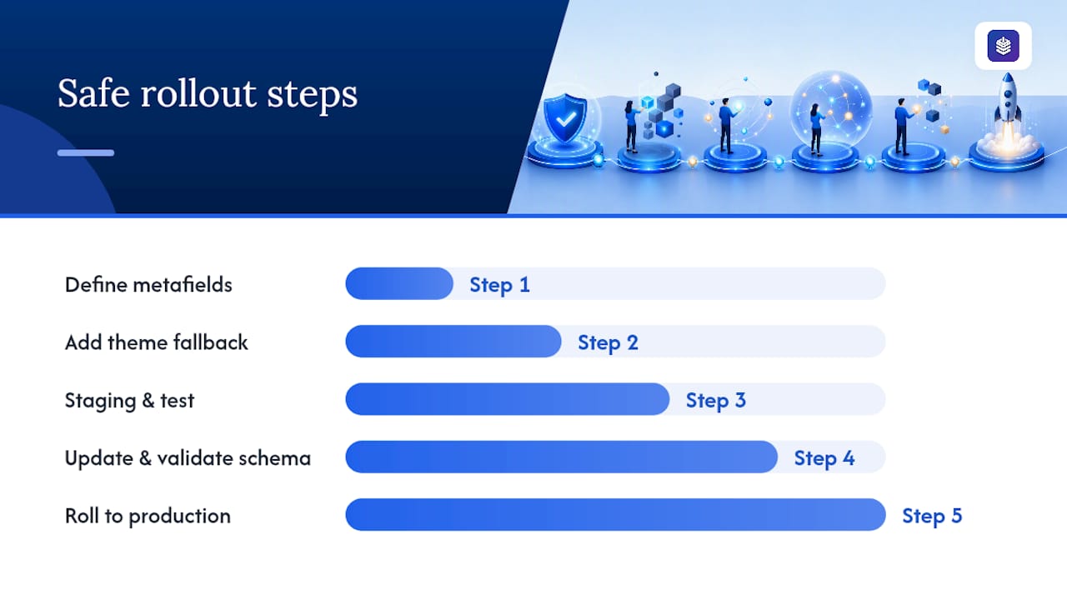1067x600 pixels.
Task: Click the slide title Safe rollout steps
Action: pos(208,94)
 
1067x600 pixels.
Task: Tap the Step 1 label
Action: pos(499,285)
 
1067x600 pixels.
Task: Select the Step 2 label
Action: pos(608,342)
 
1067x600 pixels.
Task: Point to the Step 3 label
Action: pos(716,401)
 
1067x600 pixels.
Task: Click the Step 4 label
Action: pos(824,458)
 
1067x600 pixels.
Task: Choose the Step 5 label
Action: pos(932,516)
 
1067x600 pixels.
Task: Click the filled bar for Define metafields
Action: pos(399,284)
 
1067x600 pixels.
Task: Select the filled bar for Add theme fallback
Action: pos(453,342)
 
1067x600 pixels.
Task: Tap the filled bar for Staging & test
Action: pos(508,399)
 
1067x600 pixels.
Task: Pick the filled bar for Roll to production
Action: pos(615,515)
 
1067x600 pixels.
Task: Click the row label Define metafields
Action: pos(148,285)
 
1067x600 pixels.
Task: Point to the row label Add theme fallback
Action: pos(156,342)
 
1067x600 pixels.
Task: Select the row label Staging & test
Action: pos(129,401)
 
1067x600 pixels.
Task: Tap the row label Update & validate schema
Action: pos(188,458)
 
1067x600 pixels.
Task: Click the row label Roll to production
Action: pos(148,516)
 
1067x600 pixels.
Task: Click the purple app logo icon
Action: pos(1003,46)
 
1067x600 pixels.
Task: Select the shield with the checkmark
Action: pos(565,117)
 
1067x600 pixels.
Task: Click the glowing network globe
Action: pos(831,111)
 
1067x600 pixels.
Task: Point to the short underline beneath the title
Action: pos(86,152)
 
